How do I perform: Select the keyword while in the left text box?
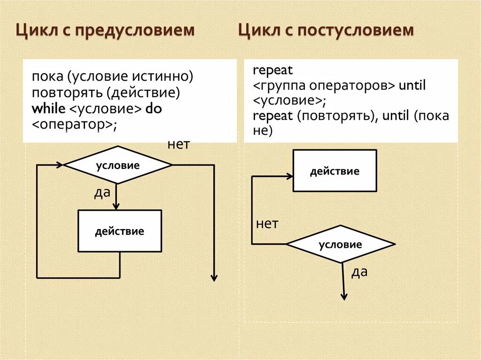pyautogui.click(x=49, y=108)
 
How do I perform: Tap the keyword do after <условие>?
pyautogui.click(x=154, y=108)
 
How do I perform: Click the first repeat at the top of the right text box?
pyautogui.click(x=272, y=71)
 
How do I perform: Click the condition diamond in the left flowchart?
pyautogui.click(x=117, y=165)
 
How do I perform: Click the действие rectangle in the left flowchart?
pyautogui.click(x=119, y=231)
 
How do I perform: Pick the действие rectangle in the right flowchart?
pyautogui.click(x=334, y=171)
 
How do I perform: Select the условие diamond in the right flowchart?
pyautogui.click(x=341, y=244)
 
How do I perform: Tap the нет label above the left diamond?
pyautogui.click(x=178, y=145)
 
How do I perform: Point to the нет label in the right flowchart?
pyautogui.click(x=267, y=224)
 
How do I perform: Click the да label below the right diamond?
pyautogui.click(x=359, y=272)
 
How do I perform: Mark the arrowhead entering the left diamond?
pyautogui.click(x=60, y=165)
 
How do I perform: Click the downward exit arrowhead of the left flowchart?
pyautogui.click(x=214, y=277)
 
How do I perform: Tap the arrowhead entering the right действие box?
pyautogui.click(x=289, y=176)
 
